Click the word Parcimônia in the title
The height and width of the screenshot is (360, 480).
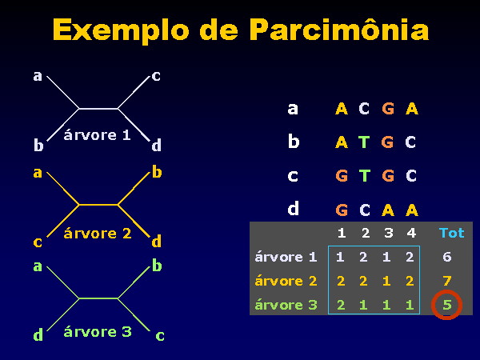[339, 30]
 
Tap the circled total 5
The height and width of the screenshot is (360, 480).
[447, 304]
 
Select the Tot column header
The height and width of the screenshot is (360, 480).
[451, 234]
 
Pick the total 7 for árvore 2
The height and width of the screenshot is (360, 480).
[447, 281]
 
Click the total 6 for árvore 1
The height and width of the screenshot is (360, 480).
[447, 257]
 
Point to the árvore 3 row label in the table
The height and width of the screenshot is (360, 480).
[286, 305]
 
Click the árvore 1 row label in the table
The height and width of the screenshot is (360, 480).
[286, 257]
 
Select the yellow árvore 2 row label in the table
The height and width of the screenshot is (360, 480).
[286, 281]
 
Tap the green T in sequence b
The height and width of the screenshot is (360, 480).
[364, 142]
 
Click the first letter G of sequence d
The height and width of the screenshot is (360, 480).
[342, 210]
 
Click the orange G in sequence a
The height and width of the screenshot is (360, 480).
[387, 109]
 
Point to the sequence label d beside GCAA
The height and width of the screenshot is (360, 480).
[293, 209]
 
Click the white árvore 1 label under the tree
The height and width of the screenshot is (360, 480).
[97, 135]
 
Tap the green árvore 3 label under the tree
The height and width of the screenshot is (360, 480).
[97, 331]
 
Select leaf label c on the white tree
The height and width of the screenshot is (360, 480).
[156, 76]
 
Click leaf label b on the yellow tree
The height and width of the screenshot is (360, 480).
[157, 172]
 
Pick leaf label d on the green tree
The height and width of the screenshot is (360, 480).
[38, 335]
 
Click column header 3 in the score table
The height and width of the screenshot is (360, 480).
[388, 234]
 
